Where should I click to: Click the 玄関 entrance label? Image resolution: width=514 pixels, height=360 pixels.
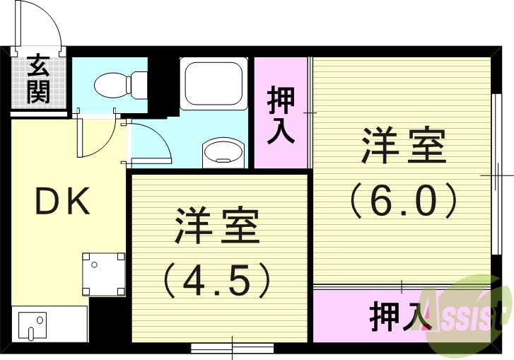(38, 80)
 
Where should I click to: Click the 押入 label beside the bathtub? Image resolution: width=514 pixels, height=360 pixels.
(281, 115)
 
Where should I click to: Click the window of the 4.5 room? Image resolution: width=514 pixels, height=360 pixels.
(232, 347)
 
